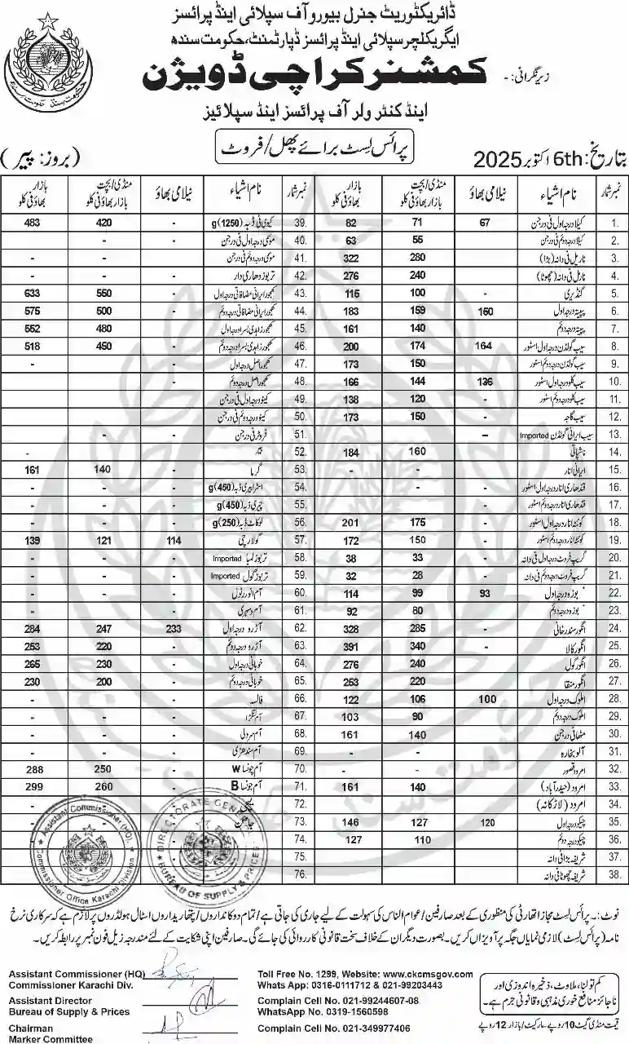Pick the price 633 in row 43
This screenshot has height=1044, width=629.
(33, 293)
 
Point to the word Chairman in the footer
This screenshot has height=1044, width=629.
(31, 1029)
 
